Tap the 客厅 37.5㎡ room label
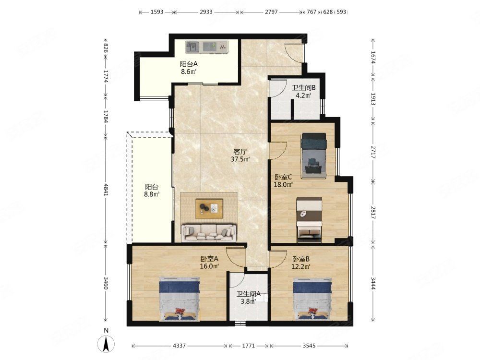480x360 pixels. click(240, 155)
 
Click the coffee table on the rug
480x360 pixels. click(209, 208)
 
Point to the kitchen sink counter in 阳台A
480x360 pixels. click(206, 47)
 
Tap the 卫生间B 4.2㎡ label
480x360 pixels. click(303, 91)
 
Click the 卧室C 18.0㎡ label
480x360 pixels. click(283, 180)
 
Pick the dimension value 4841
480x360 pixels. click(106, 190)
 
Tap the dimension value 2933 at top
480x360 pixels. click(206, 12)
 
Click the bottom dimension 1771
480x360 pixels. click(248, 346)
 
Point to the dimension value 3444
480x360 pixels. click(373, 283)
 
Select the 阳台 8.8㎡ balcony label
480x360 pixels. click(152, 191)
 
